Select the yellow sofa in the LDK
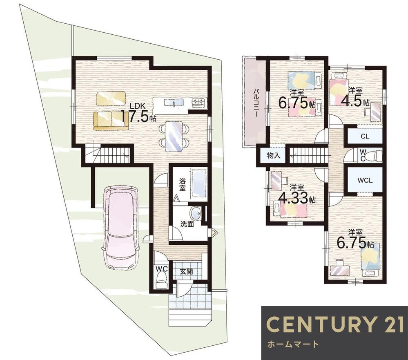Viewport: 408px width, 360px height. pyautogui.click(x=111, y=121)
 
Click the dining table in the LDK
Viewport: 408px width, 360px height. pyautogui.click(x=174, y=136)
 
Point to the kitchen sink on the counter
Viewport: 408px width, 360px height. pyautogui.click(x=174, y=103)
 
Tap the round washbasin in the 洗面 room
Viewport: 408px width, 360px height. pyautogui.click(x=195, y=214)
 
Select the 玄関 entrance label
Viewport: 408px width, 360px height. pyautogui.click(x=187, y=272)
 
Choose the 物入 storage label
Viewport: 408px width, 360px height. pyautogui.click(x=274, y=156)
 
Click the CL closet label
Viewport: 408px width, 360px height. pyautogui.click(x=365, y=136)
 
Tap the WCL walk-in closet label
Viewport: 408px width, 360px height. pyautogui.click(x=365, y=180)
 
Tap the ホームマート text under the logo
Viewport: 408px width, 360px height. pyautogui.click(x=292, y=344)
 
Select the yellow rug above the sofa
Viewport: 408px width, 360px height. pyautogui.click(x=111, y=98)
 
